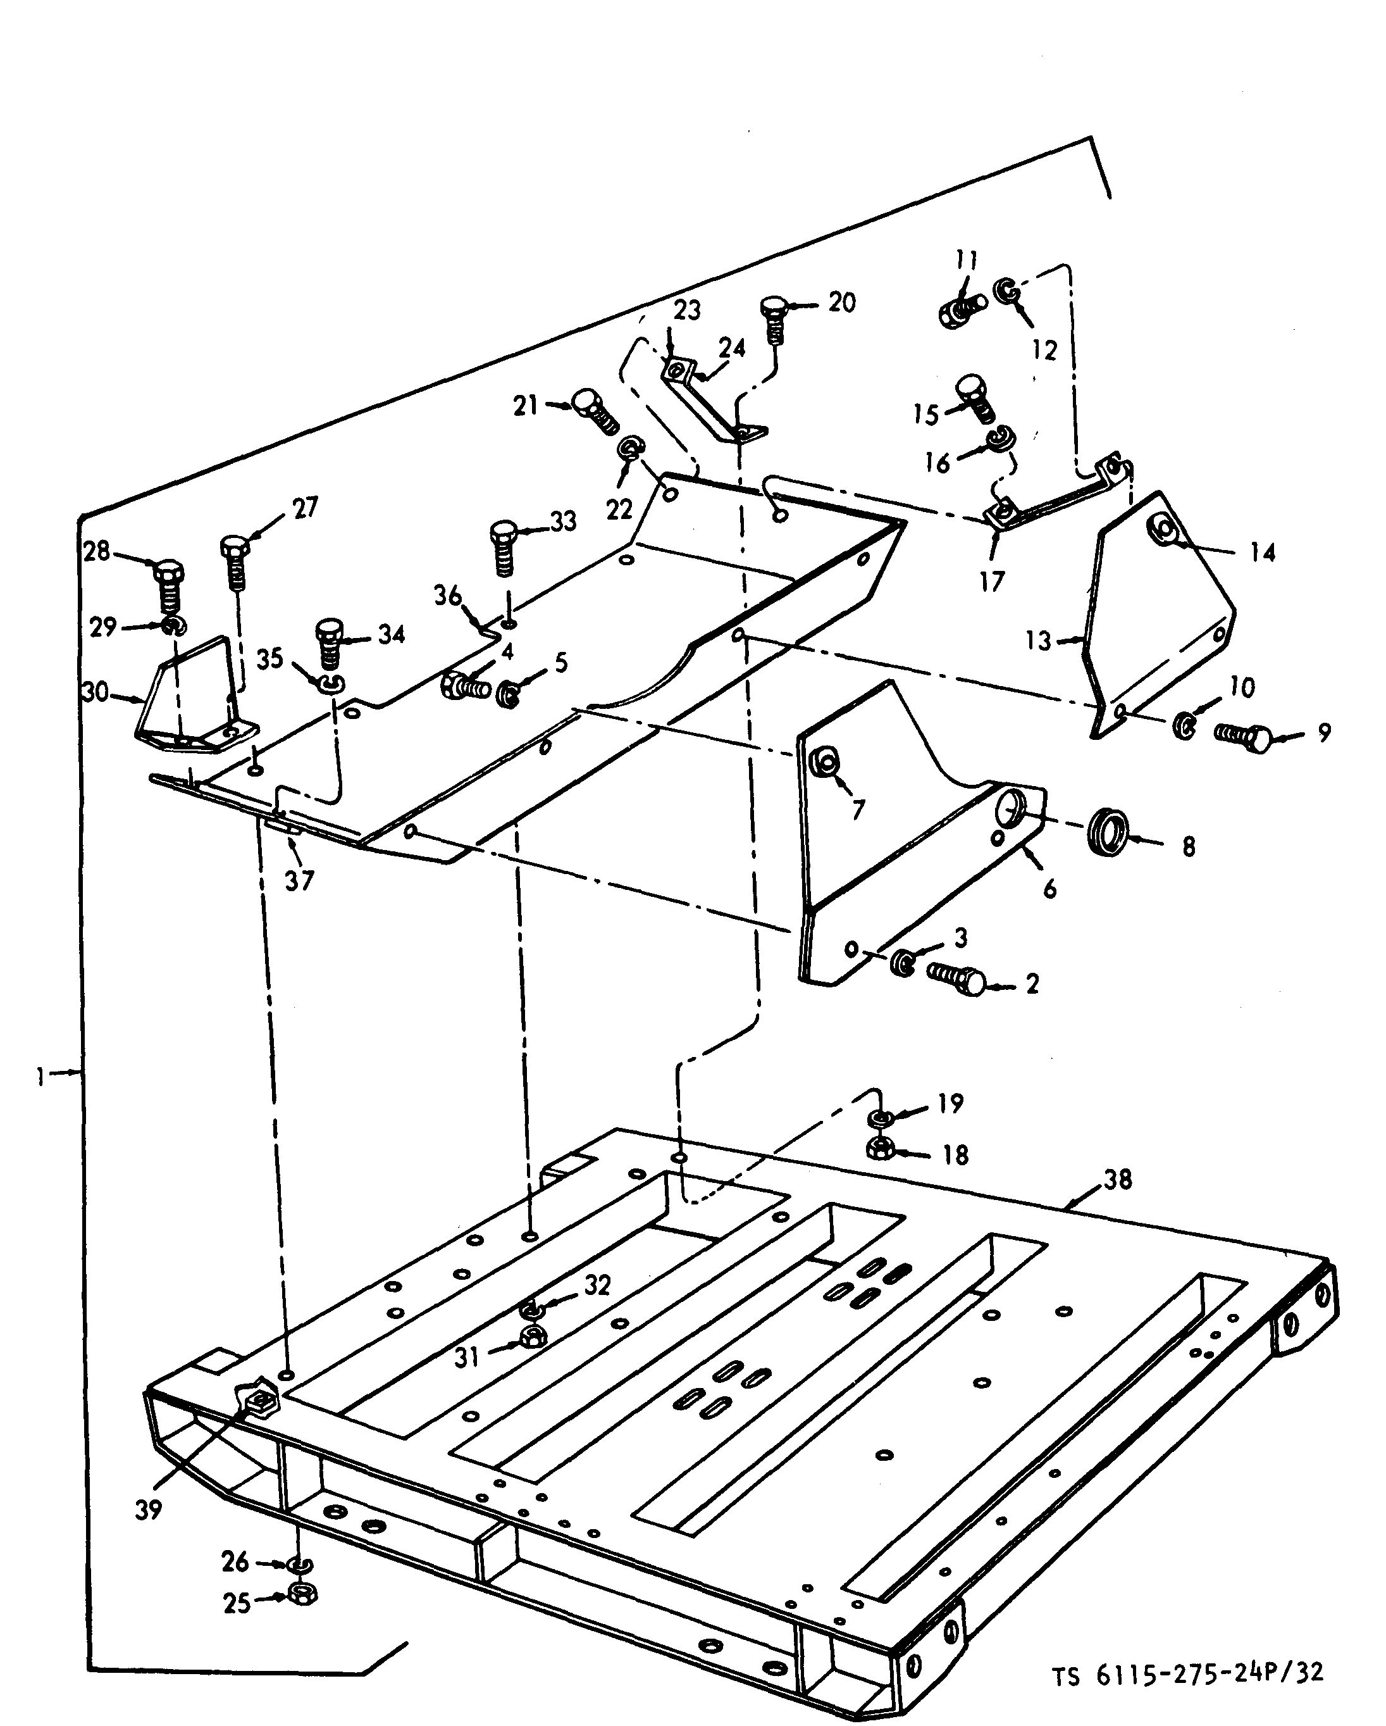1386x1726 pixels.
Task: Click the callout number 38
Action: tap(1117, 1179)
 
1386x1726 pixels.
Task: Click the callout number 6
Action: tap(1049, 888)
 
